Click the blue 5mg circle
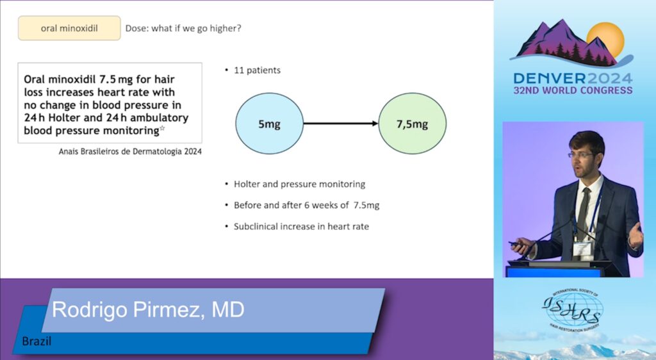pyautogui.click(x=270, y=124)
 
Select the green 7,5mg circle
pyautogui.click(x=412, y=124)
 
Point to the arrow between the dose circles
pyautogui.click(x=341, y=124)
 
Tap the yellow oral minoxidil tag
pyautogui.click(x=69, y=28)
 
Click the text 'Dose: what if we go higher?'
pyautogui.click(x=183, y=28)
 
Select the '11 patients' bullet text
pyautogui.click(x=257, y=70)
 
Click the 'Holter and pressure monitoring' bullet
pyautogui.click(x=299, y=184)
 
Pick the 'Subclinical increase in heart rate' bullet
pyautogui.click(x=301, y=227)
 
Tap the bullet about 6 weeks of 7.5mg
pyautogui.click(x=306, y=205)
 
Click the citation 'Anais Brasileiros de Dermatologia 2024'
pyautogui.click(x=130, y=151)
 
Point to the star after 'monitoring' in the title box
pyautogui.click(x=162, y=128)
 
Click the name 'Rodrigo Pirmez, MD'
pyautogui.click(x=148, y=310)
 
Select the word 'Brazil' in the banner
pyautogui.click(x=37, y=341)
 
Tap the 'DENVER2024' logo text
pyautogui.click(x=573, y=79)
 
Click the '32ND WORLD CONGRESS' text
pyautogui.click(x=573, y=90)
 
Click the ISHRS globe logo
pyautogui.click(x=573, y=310)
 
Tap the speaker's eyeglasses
pyautogui.click(x=582, y=155)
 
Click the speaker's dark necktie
pyautogui.click(x=583, y=213)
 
